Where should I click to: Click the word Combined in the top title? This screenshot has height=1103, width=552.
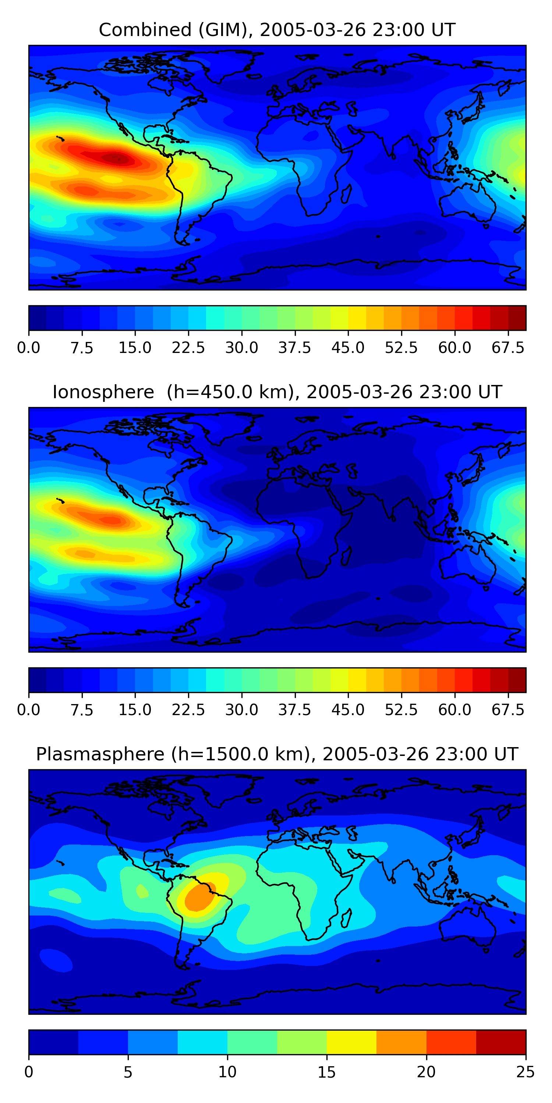tap(145, 30)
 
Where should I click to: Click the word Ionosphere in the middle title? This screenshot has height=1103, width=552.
tap(103, 392)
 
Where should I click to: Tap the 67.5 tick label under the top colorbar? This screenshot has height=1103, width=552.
tap(508, 348)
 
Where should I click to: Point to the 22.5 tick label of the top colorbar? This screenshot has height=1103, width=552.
tap(188, 348)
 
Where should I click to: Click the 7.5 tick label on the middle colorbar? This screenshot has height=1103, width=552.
tap(82, 710)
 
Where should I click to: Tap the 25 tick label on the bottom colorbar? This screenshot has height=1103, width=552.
tap(526, 1072)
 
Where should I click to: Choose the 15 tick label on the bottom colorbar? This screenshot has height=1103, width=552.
tap(326, 1072)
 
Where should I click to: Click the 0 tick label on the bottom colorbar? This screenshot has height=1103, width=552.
tap(29, 1072)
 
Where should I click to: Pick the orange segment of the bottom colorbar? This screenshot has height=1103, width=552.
tap(401, 1042)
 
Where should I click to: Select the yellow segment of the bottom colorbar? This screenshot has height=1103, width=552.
tap(351, 1042)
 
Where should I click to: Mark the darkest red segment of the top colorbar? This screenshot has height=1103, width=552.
tap(517, 318)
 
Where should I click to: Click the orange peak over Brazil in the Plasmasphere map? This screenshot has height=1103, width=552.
tap(199, 897)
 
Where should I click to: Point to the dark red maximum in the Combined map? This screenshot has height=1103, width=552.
tap(116, 158)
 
